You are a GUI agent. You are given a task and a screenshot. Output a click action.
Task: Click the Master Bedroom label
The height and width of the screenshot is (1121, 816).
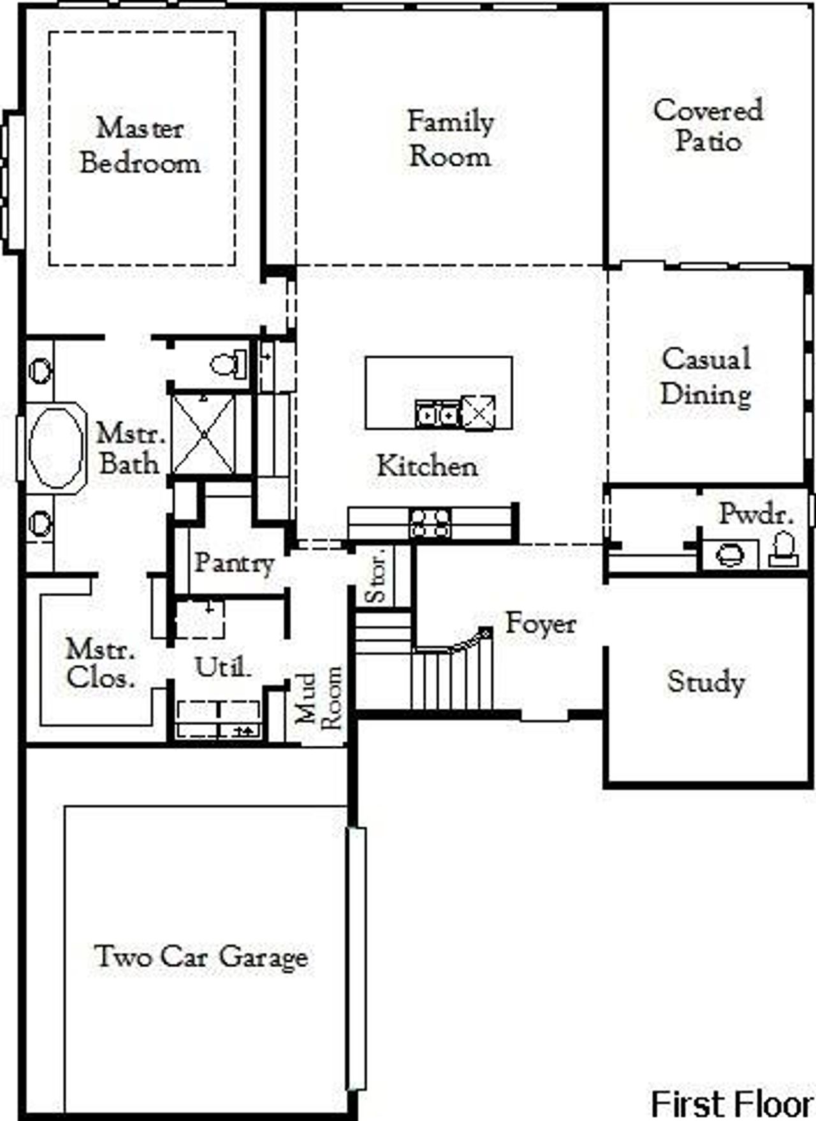point(140,145)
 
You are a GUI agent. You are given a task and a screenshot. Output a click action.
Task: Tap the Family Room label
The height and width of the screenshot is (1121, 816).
point(450,139)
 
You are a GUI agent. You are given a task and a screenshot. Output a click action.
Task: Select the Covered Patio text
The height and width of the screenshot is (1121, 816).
point(708,125)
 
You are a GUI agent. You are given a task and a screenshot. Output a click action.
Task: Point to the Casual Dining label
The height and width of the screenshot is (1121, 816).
point(706,376)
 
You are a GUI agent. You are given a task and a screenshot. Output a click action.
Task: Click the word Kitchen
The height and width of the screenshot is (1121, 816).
point(427,466)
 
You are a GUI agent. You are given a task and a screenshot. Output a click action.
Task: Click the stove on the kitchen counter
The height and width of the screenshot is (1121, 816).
point(430,523)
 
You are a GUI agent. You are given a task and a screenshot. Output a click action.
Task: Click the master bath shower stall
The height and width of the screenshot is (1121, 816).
point(204,435)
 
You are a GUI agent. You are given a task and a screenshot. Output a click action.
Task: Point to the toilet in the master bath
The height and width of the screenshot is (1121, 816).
point(228,365)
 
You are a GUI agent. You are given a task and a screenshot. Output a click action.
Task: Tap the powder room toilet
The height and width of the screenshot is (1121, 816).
point(783,549)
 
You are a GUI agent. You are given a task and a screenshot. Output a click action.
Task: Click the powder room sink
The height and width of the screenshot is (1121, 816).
point(729,554)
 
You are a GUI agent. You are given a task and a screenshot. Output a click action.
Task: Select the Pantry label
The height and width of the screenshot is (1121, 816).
point(234,563)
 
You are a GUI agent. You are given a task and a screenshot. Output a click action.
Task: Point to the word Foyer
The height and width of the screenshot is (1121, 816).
point(541,623)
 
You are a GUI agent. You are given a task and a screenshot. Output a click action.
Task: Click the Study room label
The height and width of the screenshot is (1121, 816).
point(706,682)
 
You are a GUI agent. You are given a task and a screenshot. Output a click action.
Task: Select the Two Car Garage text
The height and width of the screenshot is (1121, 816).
point(201,957)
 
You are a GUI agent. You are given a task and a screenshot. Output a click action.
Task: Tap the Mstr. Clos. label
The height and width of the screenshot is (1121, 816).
point(101,663)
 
